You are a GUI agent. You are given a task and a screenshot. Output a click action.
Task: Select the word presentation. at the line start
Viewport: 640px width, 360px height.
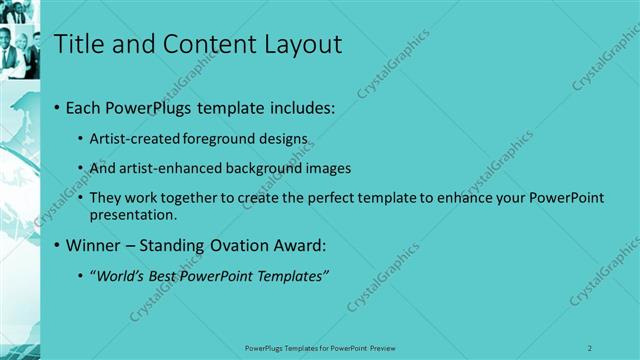click(133, 214)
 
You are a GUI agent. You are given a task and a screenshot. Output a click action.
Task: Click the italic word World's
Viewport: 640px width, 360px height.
click(121, 276)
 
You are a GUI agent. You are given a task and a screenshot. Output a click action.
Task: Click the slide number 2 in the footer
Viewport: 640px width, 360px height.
click(590, 348)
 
